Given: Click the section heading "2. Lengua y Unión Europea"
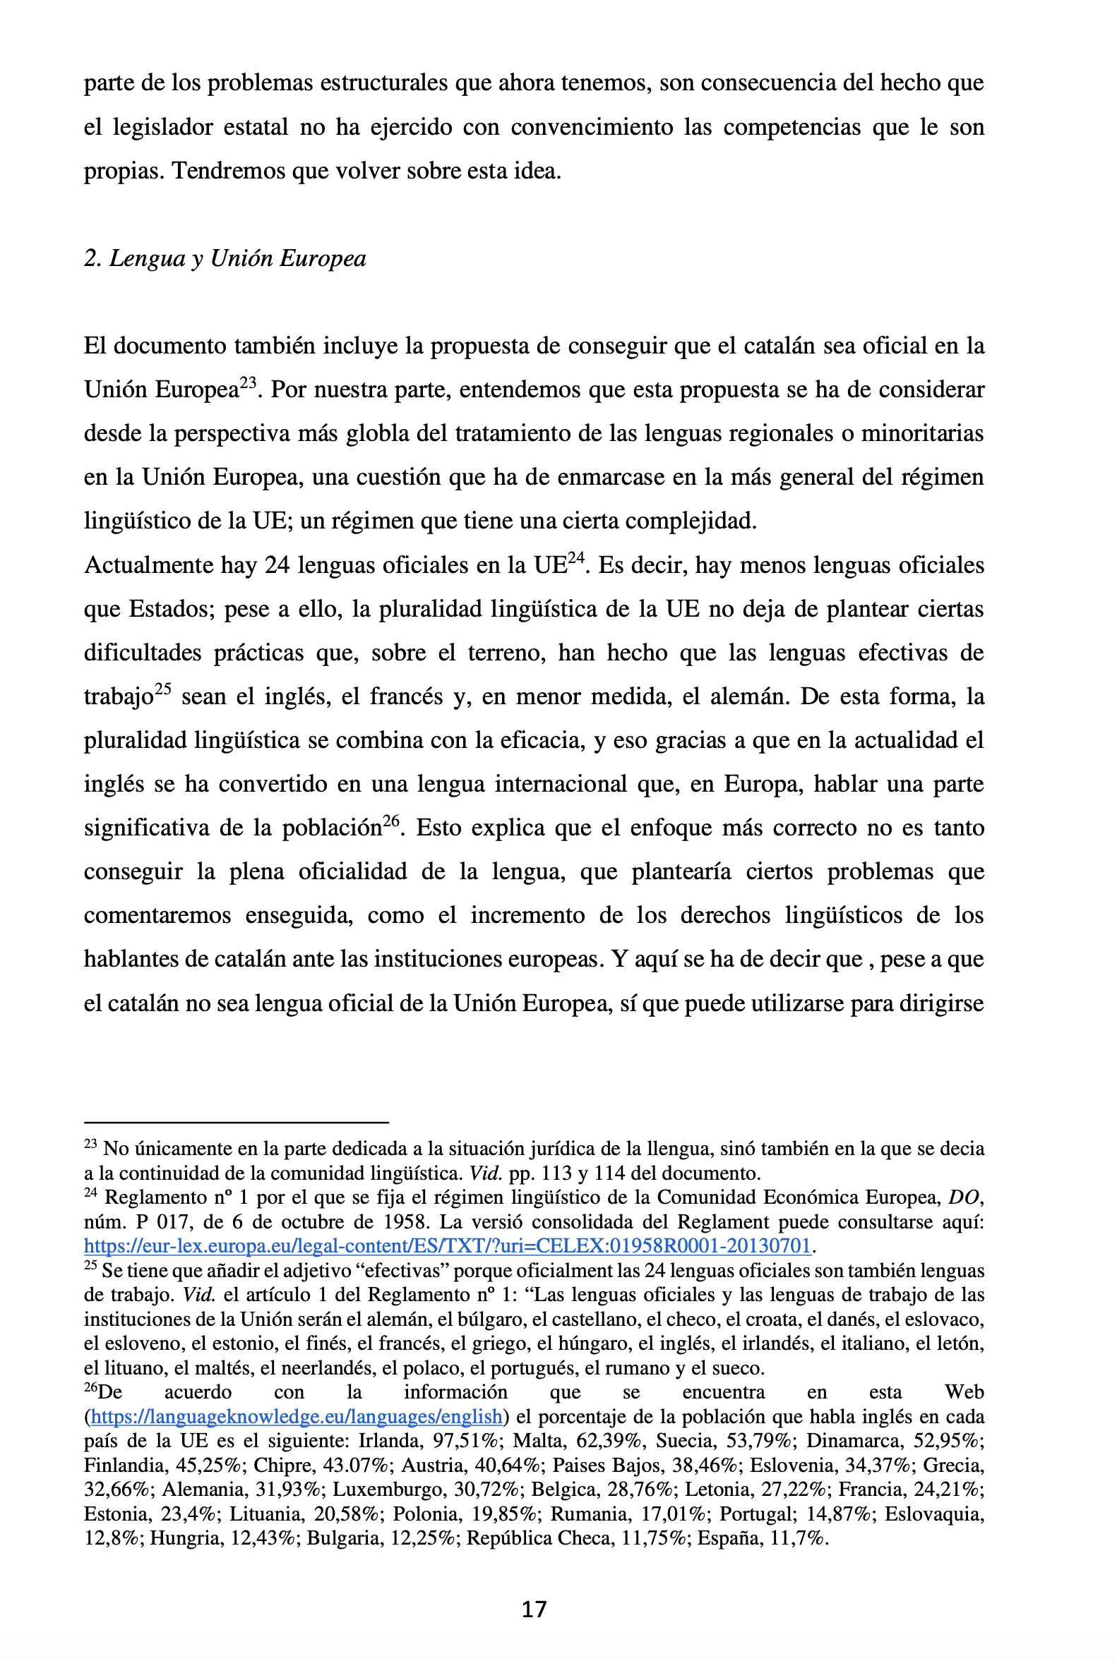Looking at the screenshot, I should [x=225, y=258].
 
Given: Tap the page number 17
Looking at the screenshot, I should [x=534, y=1609].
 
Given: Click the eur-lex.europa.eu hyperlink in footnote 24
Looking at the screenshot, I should [x=447, y=1245].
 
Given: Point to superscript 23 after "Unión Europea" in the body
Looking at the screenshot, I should [x=247, y=383].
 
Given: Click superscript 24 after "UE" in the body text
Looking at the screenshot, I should [x=575, y=558].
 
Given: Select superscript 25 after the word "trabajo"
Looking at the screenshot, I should [x=163, y=689].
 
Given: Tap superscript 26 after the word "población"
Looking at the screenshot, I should [x=390, y=821].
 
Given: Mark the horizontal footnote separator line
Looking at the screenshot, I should [x=236, y=1123].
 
